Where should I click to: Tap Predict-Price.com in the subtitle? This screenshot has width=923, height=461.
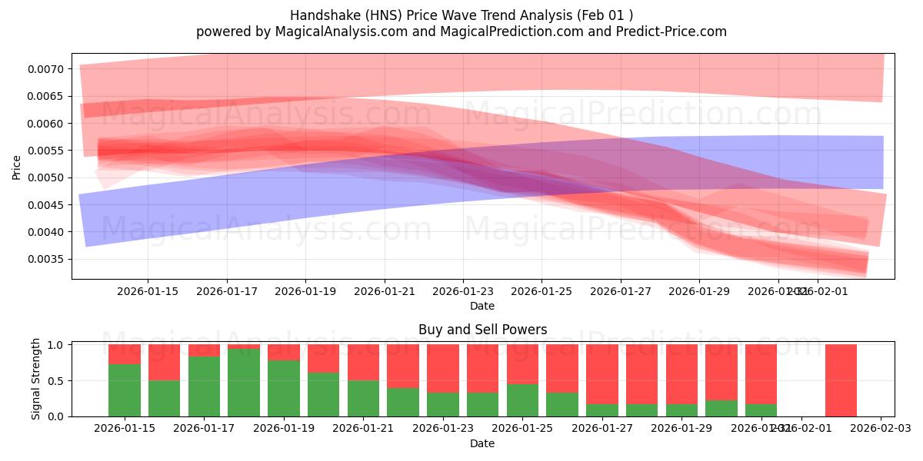674,32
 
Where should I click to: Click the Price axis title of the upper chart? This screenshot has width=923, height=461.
17,167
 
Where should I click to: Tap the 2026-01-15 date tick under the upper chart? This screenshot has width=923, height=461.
148,292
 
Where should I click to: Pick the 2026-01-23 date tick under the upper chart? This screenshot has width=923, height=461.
463,292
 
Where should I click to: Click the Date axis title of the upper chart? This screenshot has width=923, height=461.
482,306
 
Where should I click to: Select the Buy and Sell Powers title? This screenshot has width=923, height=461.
482,330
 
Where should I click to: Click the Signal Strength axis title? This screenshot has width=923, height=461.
36,380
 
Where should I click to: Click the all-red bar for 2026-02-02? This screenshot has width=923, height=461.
841,380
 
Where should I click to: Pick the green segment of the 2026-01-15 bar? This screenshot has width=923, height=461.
124,390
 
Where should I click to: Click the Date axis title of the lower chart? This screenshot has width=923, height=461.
482,443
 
